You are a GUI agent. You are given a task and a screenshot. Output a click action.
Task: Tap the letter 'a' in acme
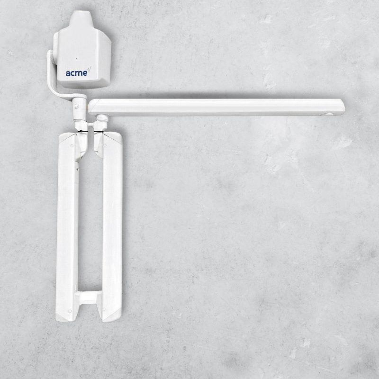pyautogui.click(x=68, y=74)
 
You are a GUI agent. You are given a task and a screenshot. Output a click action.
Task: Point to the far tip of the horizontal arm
pyautogui.click(x=344, y=107)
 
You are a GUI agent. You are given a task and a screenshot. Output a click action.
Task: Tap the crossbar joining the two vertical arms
pyautogui.click(x=89, y=298)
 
